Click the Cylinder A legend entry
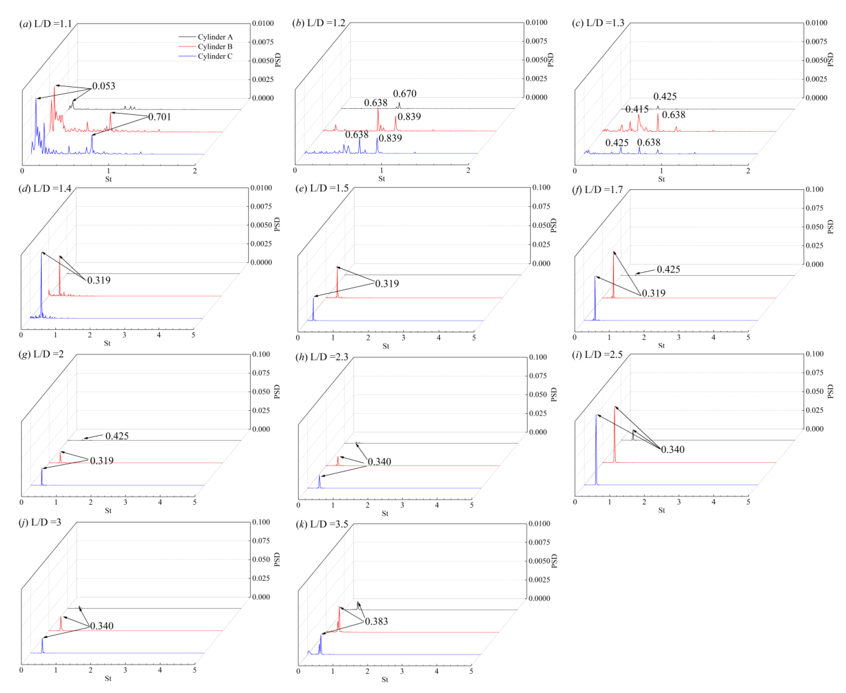coord(215,37)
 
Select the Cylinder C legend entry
coord(215,56)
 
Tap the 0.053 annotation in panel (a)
coord(104,86)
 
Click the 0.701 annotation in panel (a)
coord(159,117)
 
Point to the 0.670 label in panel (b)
coord(405,94)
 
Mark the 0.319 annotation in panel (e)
coord(387,284)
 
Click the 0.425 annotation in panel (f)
coord(668,269)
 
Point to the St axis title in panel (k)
coord(385,680)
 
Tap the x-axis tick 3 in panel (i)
coord(679,502)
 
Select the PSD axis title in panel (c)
coord(831,59)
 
